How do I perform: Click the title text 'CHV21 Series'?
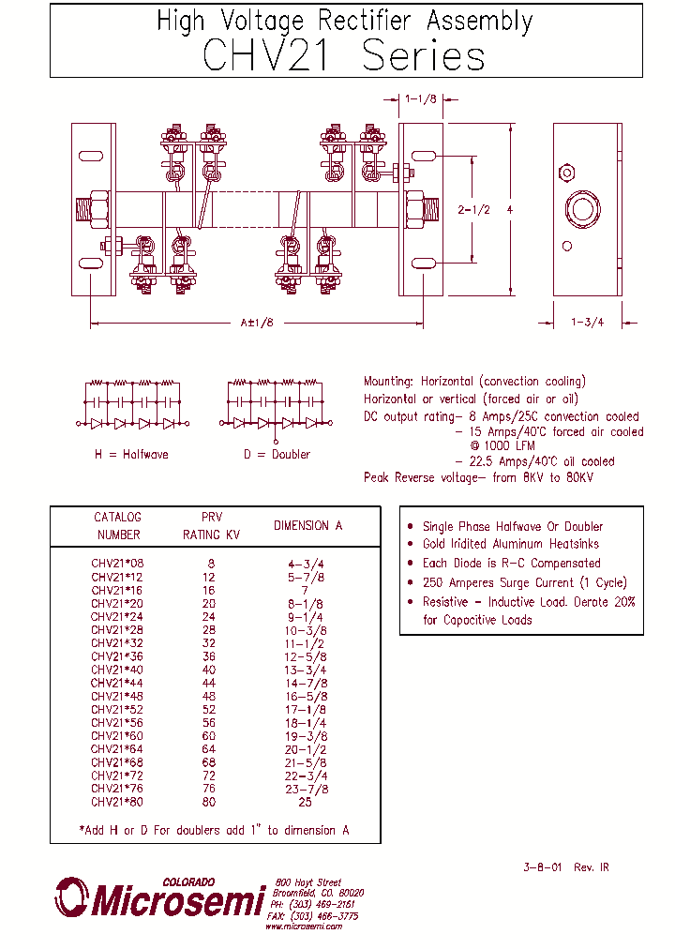click(344, 56)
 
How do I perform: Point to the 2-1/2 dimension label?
click(473, 210)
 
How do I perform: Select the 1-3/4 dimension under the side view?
click(588, 323)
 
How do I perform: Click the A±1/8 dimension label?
click(256, 323)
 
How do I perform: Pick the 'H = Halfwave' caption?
click(131, 454)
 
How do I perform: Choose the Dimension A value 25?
click(305, 803)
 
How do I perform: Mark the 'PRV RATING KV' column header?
click(212, 526)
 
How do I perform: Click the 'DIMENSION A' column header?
click(307, 526)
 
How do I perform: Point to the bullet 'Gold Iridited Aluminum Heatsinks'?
click(510, 544)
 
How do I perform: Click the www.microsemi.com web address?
click(303, 926)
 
